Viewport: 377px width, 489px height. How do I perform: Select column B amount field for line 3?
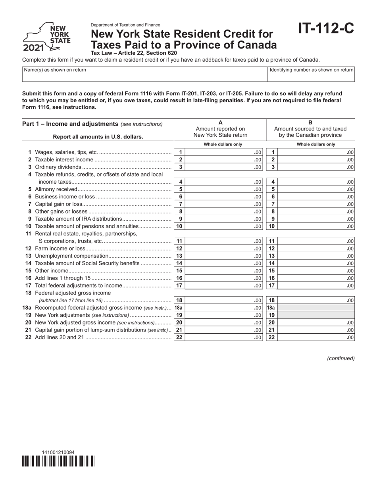tap(316, 167)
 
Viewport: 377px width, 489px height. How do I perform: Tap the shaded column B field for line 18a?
tap(316, 308)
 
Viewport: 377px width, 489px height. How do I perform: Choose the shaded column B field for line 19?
tap(316, 315)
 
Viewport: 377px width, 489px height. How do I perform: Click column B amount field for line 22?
tap(316, 338)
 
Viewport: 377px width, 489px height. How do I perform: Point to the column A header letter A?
tap(220, 123)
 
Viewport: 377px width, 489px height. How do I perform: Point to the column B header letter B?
tap(310, 123)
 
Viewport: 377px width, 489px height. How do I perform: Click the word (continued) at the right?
tap(340, 358)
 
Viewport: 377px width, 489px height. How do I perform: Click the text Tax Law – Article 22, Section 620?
tap(134, 53)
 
